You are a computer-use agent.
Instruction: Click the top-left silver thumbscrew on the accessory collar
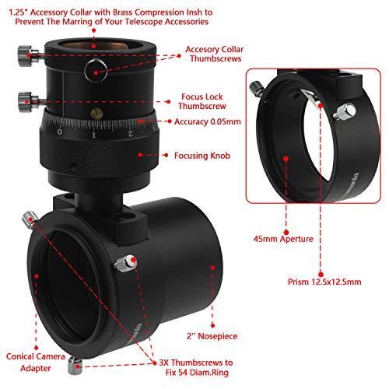click(x=23, y=51)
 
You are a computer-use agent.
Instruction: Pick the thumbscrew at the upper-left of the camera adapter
click(x=30, y=220)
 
